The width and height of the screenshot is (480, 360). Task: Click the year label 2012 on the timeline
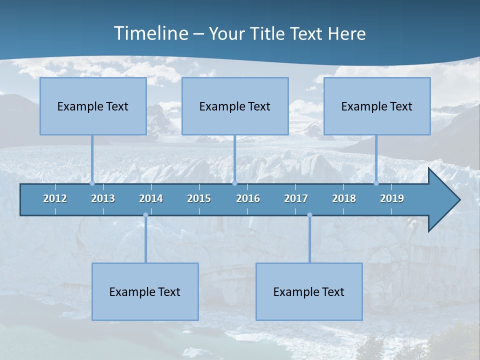55,198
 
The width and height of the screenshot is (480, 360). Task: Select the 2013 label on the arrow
103,198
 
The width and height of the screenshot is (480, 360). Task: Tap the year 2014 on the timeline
151,198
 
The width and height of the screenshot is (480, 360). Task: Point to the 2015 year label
199,198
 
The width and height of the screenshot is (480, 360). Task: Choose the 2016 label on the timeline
248,198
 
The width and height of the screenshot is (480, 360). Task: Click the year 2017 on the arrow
296,198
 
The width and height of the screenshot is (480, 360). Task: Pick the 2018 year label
344,198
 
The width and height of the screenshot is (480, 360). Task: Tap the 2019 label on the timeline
392,198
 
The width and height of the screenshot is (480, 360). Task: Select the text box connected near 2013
93,106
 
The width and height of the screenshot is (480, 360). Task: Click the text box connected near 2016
235,106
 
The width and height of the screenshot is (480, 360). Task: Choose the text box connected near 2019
377,106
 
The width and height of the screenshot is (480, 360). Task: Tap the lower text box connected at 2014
145,291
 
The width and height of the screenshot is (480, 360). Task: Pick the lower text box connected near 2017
309,291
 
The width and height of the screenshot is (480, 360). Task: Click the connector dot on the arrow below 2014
145,215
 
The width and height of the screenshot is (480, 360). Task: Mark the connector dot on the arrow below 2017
309,215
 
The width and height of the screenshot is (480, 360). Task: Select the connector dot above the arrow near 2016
234,183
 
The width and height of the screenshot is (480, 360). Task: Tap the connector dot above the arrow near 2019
376,183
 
